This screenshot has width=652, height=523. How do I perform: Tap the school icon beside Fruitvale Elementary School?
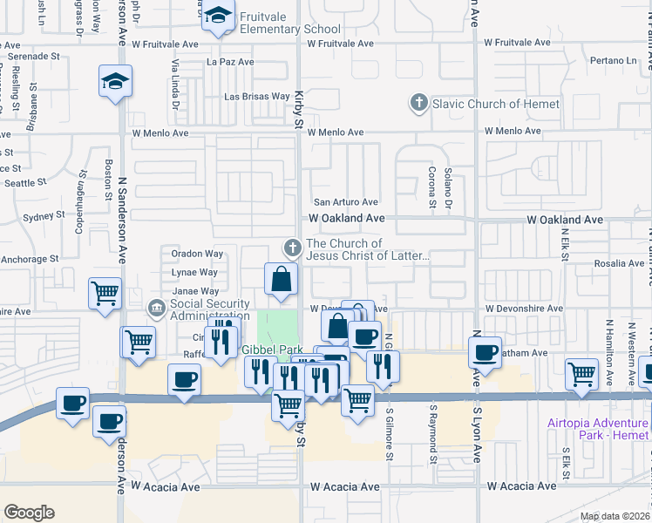(x=218, y=15)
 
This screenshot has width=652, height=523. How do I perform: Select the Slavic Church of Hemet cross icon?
(x=418, y=105)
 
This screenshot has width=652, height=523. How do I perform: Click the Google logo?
(x=29, y=513)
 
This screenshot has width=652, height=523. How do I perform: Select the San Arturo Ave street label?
(x=345, y=202)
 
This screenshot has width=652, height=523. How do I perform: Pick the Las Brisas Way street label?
(x=257, y=97)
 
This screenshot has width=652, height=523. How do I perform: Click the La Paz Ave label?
(x=230, y=62)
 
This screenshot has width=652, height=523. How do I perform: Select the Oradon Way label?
(x=197, y=255)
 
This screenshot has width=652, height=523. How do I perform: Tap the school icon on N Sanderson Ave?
(x=115, y=82)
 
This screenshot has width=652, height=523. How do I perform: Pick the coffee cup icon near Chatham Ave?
(x=485, y=353)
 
